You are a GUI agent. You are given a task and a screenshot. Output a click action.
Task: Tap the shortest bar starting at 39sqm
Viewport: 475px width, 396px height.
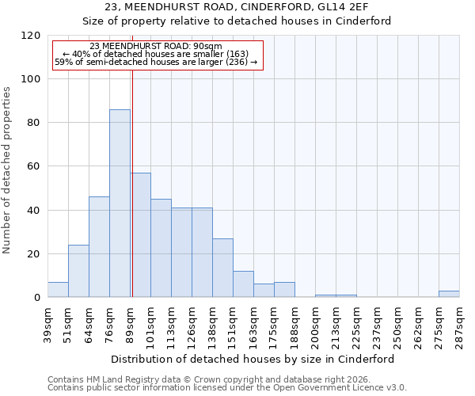(58, 290)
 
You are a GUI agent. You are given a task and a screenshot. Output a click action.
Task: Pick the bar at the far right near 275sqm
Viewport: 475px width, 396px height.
(449, 294)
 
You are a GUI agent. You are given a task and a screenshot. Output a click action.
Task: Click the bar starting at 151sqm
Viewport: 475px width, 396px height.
(243, 284)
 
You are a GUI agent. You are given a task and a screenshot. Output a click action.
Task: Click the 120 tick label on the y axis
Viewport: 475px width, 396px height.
(31, 36)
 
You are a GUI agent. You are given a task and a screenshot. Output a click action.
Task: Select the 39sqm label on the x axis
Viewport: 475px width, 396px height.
(47, 323)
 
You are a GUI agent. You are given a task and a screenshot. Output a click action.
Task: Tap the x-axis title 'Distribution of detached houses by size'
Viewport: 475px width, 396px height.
(237, 359)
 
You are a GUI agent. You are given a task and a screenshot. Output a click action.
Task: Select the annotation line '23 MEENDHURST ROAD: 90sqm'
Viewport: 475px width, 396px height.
(156, 47)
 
